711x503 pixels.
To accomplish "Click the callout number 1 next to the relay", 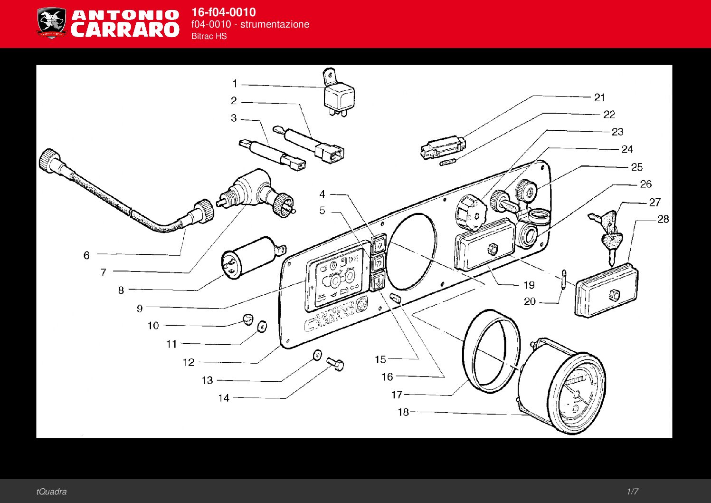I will (235, 84).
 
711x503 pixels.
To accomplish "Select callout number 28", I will (663, 219).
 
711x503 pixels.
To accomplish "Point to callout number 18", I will (403, 412).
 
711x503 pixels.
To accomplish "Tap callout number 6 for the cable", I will (86, 255).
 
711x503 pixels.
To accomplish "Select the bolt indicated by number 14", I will (336, 365).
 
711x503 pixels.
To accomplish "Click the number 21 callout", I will (600, 97).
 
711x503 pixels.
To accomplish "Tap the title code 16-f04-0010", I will (223, 12).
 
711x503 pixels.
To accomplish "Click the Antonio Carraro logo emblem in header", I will (51, 23).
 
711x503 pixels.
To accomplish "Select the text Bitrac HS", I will (209, 36).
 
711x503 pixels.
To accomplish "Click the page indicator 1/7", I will (632, 492).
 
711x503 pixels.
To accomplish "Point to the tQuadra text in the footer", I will (51, 492).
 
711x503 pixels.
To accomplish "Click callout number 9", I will (140, 309).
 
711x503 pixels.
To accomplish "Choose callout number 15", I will (380, 359).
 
